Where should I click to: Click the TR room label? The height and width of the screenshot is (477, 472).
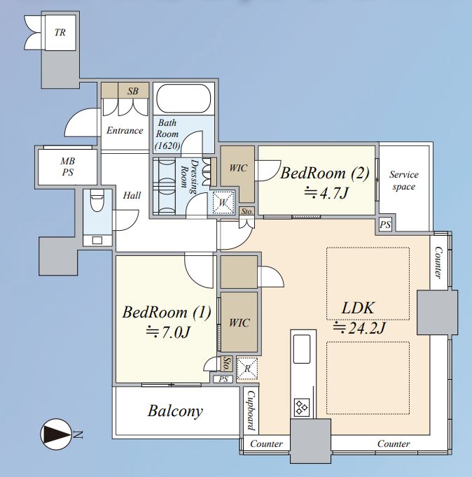(60, 32)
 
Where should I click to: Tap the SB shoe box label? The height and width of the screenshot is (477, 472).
(133, 91)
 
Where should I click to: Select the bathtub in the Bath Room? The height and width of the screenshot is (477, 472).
(183, 98)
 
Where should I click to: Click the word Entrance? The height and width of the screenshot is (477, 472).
(125, 131)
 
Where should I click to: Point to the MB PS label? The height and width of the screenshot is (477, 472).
(68, 166)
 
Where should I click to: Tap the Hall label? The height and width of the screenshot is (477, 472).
(132, 195)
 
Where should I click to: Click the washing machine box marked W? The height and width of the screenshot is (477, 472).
(223, 202)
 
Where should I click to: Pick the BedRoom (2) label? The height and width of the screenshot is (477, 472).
(325, 173)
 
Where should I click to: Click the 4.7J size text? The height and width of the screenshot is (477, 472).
(326, 192)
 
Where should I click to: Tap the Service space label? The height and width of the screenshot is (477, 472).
(404, 180)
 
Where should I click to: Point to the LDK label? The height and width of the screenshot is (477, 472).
(358, 308)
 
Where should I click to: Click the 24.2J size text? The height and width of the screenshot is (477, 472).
(359, 328)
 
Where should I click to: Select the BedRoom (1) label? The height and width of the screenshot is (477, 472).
(167, 312)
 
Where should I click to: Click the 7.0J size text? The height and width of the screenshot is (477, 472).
(168, 332)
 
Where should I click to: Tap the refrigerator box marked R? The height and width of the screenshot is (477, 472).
(247, 369)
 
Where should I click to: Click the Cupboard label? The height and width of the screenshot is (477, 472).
(251, 411)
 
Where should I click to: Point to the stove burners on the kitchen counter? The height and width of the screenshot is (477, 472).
(302, 408)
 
